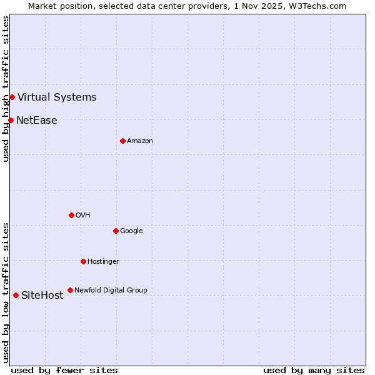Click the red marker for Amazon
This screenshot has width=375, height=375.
pyautogui.click(x=122, y=141)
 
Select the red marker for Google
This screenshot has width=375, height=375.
pyautogui.click(x=116, y=231)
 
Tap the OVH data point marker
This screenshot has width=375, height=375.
pyautogui.click(x=71, y=215)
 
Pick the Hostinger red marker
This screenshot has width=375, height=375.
pyautogui.click(x=83, y=261)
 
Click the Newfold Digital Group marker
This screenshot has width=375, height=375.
pyautogui.click(x=70, y=290)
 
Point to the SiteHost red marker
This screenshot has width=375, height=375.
pyautogui.click(x=16, y=295)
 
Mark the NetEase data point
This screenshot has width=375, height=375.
pyautogui.click(x=11, y=120)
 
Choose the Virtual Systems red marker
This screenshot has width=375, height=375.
pyautogui.click(x=12, y=97)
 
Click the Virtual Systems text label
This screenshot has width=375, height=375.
pyautogui.click(x=57, y=97)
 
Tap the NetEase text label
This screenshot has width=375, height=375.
pyautogui.click(x=37, y=120)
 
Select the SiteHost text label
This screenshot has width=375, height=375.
pyautogui.click(x=42, y=295)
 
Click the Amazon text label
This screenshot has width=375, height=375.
pyautogui.click(x=140, y=141)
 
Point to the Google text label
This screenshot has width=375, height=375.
pyautogui.click(x=131, y=231)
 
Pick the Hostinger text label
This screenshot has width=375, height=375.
pyautogui.click(x=103, y=261)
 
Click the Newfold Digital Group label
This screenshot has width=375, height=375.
pyautogui.click(x=111, y=290)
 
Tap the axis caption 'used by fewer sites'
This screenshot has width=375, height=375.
pyautogui.click(x=64, y=370)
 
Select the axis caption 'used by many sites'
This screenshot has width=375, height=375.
pyautogui.click(x=314, y=370)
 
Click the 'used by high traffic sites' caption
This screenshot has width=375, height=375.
pyautogui.click(x=6, y=89)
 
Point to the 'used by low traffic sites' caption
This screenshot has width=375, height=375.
pyautogui.click(x=6, y=292)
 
